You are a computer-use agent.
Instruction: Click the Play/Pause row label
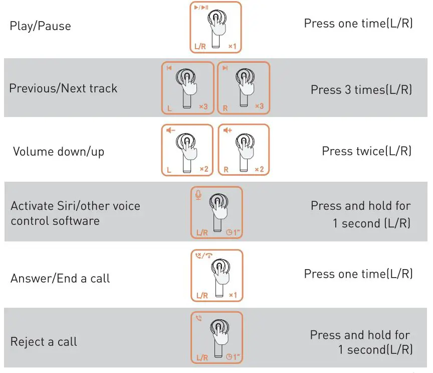40,26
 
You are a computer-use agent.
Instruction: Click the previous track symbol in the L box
169,68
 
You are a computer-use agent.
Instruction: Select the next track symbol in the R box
226,68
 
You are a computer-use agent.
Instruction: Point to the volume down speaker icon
171,131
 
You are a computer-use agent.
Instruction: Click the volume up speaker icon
228,131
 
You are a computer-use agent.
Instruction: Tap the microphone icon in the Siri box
198,195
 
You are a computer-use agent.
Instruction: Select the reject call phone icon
199,318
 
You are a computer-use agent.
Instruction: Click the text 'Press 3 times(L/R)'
361,89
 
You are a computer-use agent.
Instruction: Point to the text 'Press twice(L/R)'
366,151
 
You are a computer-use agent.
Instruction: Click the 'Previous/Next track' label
63,88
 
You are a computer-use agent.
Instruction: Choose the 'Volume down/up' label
59,152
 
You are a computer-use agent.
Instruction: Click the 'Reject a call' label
44,342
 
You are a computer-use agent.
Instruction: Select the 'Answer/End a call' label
60,278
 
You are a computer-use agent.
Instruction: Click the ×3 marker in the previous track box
203,106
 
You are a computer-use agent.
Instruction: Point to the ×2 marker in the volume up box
259,169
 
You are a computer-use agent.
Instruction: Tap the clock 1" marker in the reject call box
233,357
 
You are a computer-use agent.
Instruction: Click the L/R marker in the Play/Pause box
200,47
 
